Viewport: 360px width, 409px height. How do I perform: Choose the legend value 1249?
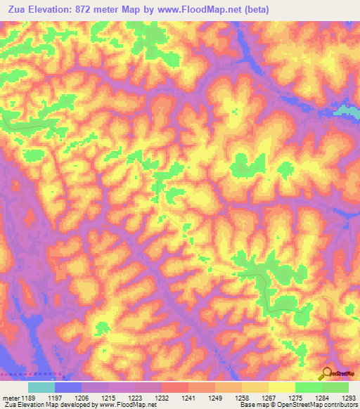pos(188,397)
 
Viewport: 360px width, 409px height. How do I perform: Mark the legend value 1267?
pos(242,397)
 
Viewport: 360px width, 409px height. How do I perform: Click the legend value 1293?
pos(349,397)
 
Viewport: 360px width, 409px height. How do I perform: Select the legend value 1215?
pos(108,397)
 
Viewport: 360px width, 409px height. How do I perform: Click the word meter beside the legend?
pos(9,397)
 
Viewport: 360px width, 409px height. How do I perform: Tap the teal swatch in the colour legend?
pos(41,387)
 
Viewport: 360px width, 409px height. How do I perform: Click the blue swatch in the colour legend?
pos(67,387)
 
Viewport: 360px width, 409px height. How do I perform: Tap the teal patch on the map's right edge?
pos(349,110)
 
